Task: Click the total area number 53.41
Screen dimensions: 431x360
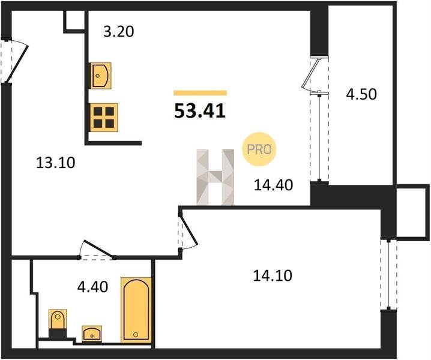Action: point(200,111)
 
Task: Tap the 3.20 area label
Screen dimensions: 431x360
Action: point(119,32)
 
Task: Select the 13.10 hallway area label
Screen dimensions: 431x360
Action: point(55,163)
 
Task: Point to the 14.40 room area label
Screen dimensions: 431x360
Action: point(274,185)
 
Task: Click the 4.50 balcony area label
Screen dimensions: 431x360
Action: point(361,94)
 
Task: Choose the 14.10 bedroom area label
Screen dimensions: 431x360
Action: point(273,275)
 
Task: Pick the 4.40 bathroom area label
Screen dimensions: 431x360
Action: point(92,287)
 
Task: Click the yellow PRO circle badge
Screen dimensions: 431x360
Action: point(259,149)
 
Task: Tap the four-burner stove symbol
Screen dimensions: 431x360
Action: point(104,118)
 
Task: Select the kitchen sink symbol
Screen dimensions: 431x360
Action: point(101,76)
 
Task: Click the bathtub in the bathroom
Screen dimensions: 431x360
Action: point(136,310)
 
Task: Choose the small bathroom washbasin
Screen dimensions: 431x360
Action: point(92,334)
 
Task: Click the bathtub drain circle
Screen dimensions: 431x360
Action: point(136,334)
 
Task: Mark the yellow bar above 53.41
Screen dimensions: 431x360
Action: point(200,93)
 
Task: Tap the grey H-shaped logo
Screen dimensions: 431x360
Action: point(216,177)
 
